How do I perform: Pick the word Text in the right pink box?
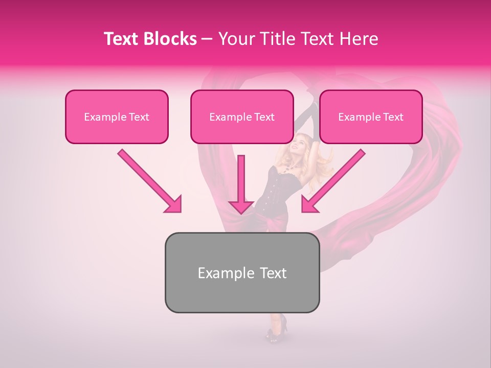tap(393, 117)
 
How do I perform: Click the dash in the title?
tap(208, 39)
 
